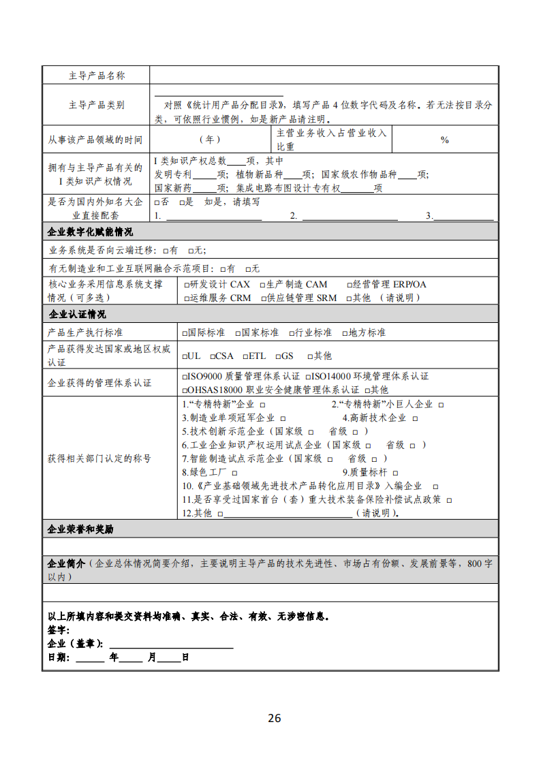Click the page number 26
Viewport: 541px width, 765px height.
[275, 718]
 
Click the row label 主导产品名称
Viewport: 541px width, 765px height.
[97, 76]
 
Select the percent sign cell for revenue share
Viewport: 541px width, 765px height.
[444, 140]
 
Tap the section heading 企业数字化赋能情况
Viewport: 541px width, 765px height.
[90, 232]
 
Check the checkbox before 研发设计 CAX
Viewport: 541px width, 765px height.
[186, 285]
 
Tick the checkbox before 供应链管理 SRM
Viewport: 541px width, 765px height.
[262, 298]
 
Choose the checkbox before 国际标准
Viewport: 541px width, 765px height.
[184, 333]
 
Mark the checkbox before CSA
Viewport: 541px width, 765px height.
[213, 356]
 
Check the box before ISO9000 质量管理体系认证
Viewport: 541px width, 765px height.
[185, 377]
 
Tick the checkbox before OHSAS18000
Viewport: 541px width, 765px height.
[185, 390]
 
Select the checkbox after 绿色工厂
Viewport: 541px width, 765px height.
[234, 473]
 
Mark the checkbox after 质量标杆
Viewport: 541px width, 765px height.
[395, 473]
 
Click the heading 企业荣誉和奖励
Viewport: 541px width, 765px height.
[80, 529]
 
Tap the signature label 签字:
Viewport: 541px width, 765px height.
[59, 630]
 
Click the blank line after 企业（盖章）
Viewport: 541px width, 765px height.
[171, 644]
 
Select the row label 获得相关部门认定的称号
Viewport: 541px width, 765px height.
[99, 458]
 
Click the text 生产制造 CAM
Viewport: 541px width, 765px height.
[296, 285]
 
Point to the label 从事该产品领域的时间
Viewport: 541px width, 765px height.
[95, 140]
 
